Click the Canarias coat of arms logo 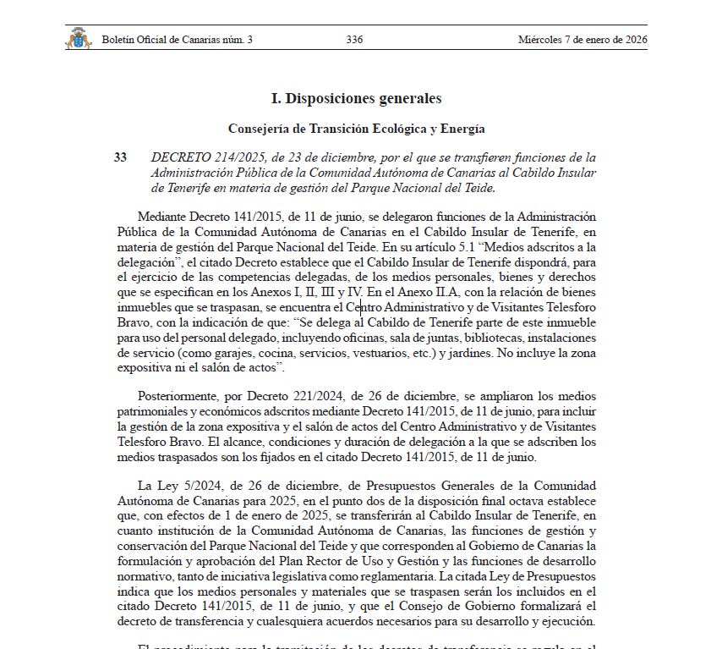[x=78, y=39]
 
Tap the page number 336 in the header [x=355, y=40]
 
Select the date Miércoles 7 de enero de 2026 [x=582, y=40]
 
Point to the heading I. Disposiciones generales [x=356, y=99]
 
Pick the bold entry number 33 [x=120, y=157]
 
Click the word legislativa [x=332, y=575]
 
